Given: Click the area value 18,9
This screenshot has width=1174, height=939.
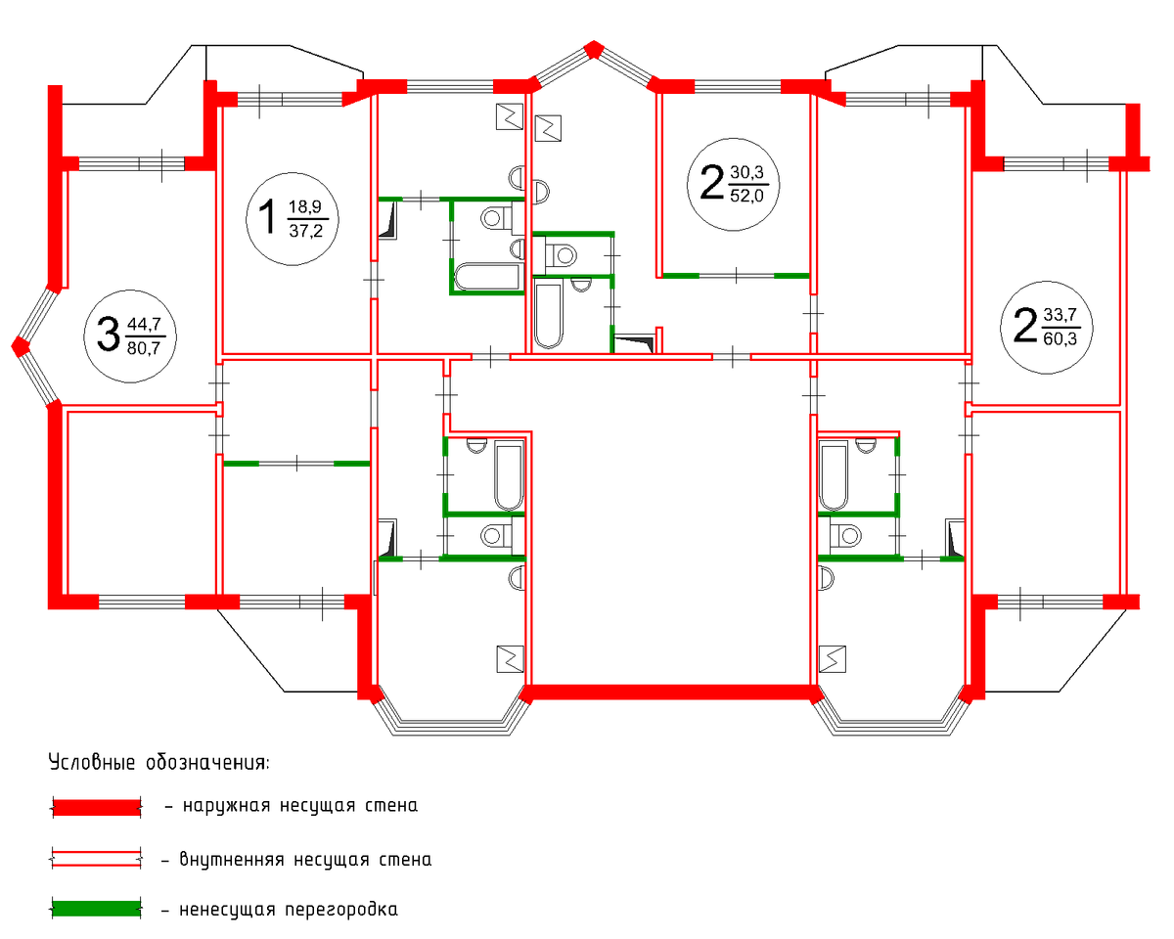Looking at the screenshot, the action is [x=305, y=206].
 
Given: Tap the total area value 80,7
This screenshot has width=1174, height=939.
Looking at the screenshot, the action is [x=144, y=347].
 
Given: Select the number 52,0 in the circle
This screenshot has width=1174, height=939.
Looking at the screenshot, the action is [x=746, y=196].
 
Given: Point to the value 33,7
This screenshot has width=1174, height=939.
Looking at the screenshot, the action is [x=1060, y=314].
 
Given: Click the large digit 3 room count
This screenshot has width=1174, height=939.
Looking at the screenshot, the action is [x=108, y=335].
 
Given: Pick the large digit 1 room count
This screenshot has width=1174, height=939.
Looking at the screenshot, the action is [x=268, y=216].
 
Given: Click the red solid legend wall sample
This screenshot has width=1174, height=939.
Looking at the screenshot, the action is [x=97, y=808].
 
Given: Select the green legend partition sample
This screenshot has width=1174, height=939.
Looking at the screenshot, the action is [x=97, y=909].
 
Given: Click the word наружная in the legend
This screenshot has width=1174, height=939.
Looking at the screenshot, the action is [x=226, y=806].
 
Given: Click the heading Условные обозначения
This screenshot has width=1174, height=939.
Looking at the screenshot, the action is [x=159, y=762].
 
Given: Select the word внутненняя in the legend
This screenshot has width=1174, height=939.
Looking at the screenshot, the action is [x=232, y=860].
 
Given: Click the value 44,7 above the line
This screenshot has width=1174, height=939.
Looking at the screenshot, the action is [x=144, y=324].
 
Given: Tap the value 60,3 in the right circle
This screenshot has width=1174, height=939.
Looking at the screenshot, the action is [x=1060, y=338].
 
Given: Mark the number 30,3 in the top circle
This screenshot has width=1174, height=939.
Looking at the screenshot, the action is [x=746, y=172].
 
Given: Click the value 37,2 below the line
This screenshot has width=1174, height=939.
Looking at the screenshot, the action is [x=305, y=231].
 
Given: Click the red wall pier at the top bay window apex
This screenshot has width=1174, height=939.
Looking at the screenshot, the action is [x=593, y=49].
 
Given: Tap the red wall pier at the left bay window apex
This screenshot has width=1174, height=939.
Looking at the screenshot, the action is [x=21, y=346].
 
